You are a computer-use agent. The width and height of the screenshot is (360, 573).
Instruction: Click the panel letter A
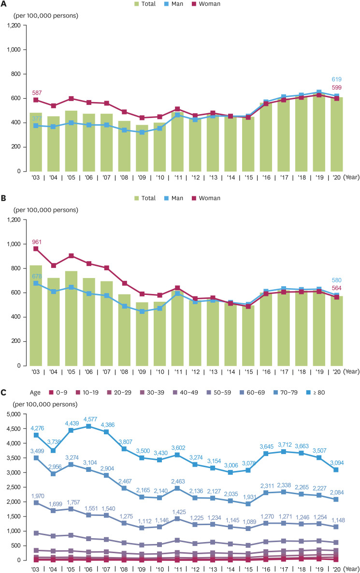[5, 4]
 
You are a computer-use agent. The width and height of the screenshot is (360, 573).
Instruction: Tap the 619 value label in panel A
[336, 79]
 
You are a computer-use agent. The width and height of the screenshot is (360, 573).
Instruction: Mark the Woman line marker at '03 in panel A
[36, 100]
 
